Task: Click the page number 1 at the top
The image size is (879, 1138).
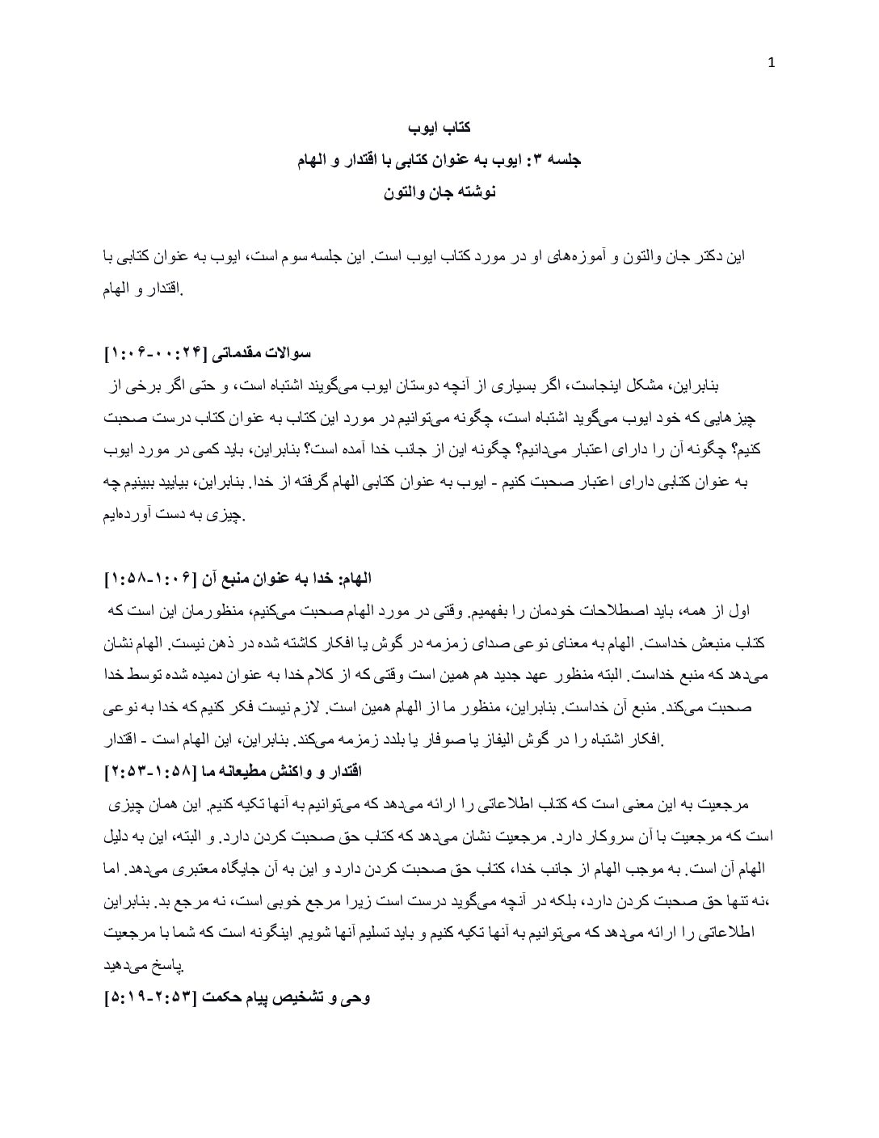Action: click(770, 65)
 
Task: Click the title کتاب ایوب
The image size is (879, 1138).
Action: click(439, 128)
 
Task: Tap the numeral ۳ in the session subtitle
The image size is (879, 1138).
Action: click(541, 161)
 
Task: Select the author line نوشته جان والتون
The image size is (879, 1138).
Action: click(439, 193)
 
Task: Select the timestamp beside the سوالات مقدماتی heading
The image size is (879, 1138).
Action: click(154, 354)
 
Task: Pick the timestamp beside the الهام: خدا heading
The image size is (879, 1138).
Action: click(154, 580)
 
